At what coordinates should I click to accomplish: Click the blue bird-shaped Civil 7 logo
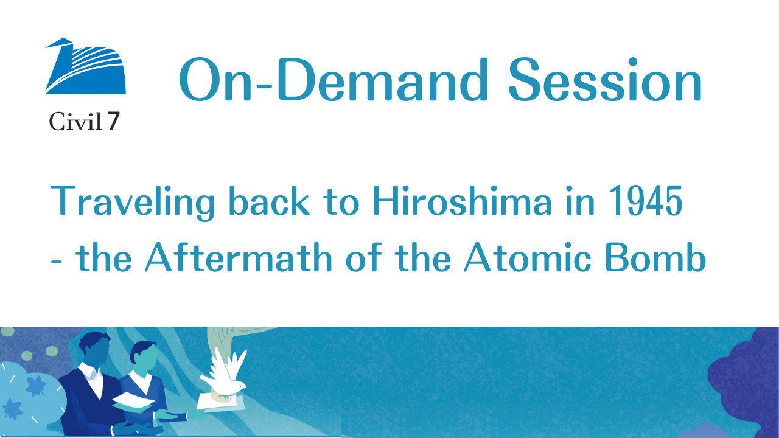(86, 66)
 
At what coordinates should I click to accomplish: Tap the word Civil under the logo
(75, 121)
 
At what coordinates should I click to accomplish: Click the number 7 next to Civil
(113, 121)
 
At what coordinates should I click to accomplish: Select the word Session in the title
(605, 80)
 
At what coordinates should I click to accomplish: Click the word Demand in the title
(383, 80)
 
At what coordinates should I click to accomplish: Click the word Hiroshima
(462, 201)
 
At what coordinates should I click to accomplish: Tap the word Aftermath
(239, 257)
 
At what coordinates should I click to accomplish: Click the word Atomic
(528, 257)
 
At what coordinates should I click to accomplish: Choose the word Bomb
(656, 257)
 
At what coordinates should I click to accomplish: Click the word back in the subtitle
(270, 201)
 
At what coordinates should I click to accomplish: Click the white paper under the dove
(222, 403)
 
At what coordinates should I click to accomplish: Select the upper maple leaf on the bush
(36, 386)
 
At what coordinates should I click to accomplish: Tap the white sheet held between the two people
(133, 403)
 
